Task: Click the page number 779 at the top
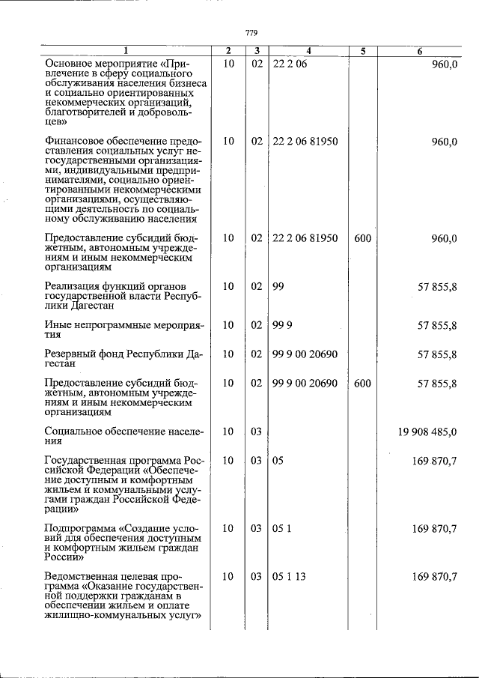[x=251, y=31]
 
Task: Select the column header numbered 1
[x=125, y=51]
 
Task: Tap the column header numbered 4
[x=308, y=51]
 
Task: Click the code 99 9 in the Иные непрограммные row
[x=283, y=325]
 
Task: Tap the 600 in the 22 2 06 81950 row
[x=362, y=239]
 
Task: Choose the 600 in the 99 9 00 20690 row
[x=362, y=383]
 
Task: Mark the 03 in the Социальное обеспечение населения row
[x=256, y=432]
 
